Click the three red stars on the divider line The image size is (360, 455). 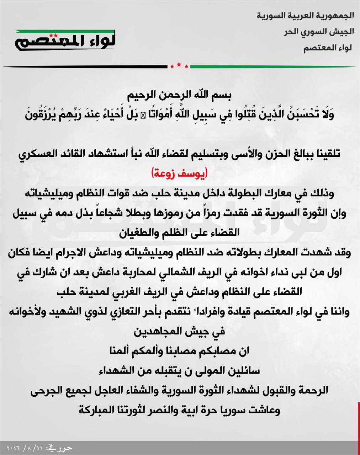click(x=179, y=66)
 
